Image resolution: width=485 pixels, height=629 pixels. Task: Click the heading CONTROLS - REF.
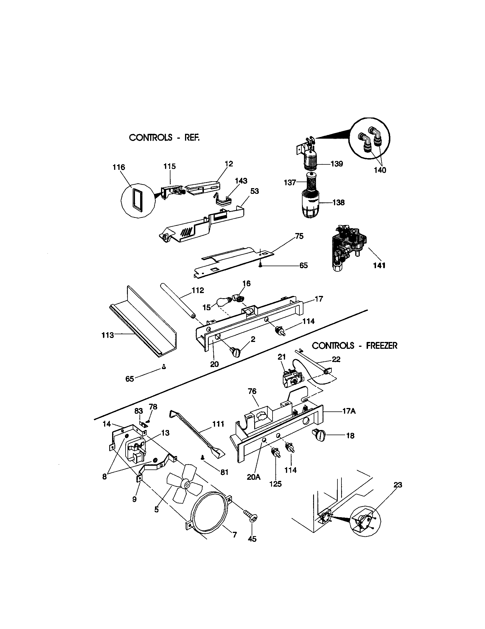164,138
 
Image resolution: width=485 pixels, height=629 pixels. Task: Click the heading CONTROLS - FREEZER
355,346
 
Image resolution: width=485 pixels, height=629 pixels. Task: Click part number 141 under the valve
379,266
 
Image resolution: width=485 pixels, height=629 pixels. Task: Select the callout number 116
119,167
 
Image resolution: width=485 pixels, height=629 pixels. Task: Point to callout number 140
380,170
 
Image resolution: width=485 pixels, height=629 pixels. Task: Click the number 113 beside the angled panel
108,335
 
